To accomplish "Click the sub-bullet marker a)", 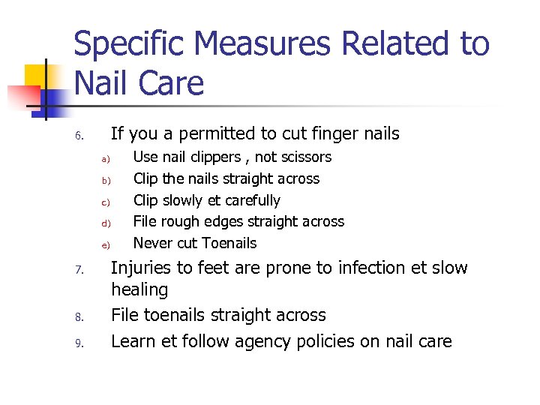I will click(106, 159).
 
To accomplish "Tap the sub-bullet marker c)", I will click(106, 202).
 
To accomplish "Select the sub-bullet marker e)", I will click(106, 244).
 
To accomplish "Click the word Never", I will click(151, 243).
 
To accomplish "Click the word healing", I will click(139, 289).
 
